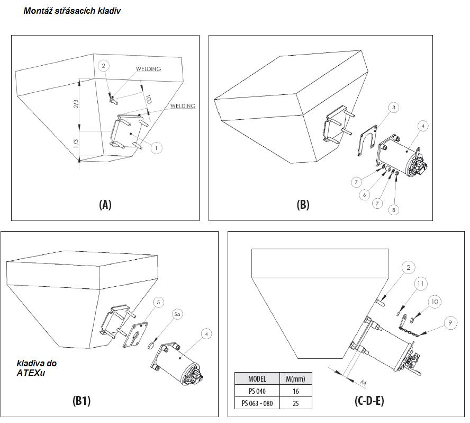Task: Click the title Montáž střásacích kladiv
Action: tap(72, 11)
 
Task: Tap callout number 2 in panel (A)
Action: tap(104, 66)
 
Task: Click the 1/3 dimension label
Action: tap(76, 144)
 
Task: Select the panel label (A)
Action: tap(105, 205)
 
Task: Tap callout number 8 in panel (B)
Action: tap(393, 210)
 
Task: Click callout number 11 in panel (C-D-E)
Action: tap(420, 284)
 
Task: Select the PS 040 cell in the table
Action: tap(257, 391)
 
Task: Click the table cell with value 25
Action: tap(295, 403)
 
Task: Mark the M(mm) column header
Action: tap(295, 378)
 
